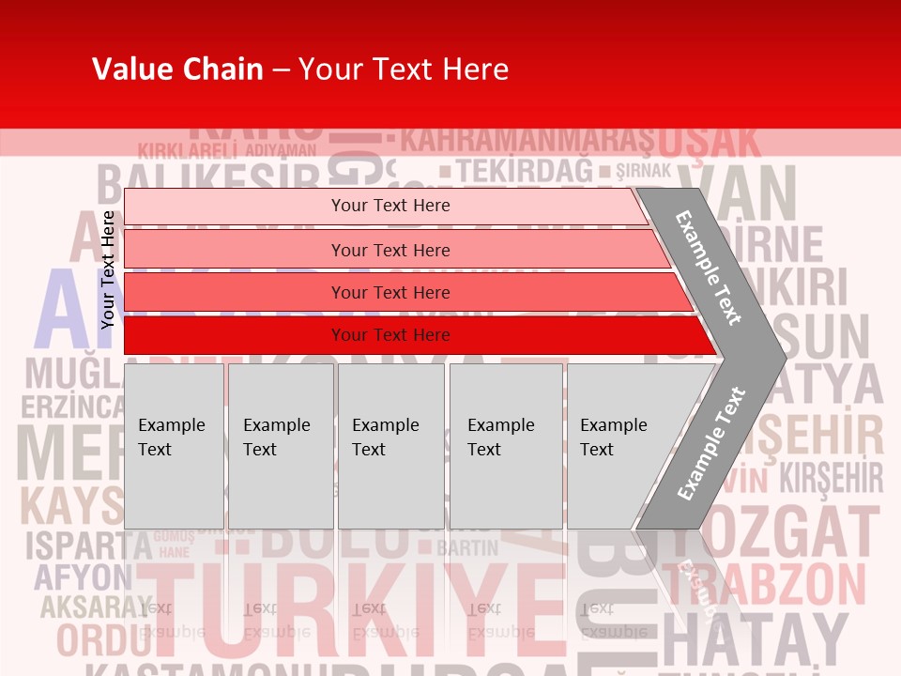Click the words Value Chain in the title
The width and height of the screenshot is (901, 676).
(177, 69)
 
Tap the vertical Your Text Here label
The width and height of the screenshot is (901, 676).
(108, 269)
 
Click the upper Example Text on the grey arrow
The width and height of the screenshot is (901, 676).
(710, 267)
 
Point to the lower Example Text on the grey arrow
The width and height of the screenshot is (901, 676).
(710, 443)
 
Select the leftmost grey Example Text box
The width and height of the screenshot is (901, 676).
(174, 445)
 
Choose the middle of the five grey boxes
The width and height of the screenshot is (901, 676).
(390, 445)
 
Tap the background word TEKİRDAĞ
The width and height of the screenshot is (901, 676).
(526, 171)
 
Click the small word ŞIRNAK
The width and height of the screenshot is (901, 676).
(643, 171)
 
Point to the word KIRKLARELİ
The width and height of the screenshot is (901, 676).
(187, 150)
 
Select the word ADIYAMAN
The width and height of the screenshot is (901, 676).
(280, 150)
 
